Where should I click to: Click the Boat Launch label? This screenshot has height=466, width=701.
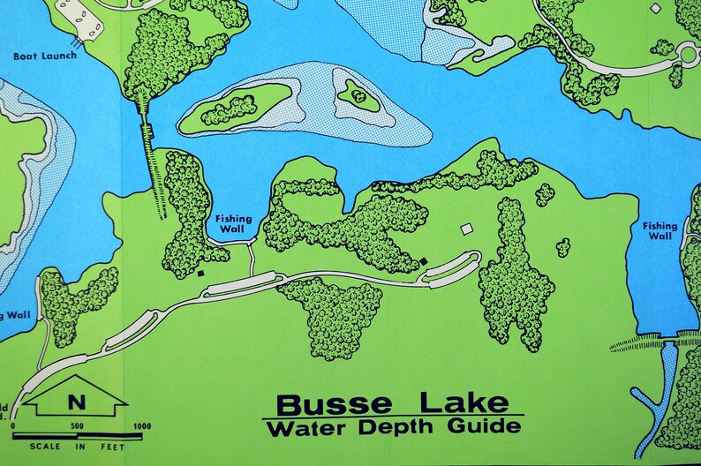coord(45,56)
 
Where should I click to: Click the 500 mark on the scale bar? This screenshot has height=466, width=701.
coord(77,426)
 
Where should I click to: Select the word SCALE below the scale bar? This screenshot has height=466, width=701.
coord(44,447)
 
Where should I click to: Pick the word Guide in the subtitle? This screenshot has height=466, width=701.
coord(486,428)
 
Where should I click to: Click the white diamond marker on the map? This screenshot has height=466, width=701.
coord(655,8)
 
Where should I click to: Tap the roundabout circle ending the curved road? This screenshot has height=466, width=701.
coord(688,56)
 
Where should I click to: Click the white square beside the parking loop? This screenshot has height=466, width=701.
coord(466,229)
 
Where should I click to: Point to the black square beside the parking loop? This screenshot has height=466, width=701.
coord(423,261)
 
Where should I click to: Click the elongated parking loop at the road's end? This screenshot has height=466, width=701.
coord(450,268)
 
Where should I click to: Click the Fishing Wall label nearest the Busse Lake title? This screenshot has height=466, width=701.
coord(234,225)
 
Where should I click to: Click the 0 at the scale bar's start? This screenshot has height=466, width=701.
coord(13,426)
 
